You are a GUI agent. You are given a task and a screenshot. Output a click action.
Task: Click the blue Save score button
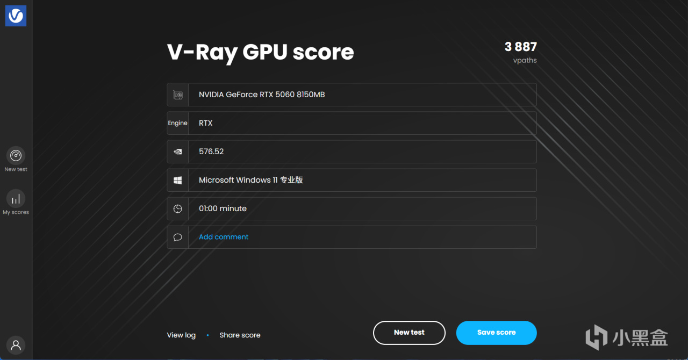click(x=496, y=333)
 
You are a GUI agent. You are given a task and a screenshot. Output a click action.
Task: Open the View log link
click(x=181, y=335)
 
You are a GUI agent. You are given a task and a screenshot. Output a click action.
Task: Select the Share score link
click(x=240, y=335)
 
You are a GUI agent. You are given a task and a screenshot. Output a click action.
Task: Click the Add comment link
click(x=224, y=237)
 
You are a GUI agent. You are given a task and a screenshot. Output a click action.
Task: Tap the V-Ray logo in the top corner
click(x=16, y=16)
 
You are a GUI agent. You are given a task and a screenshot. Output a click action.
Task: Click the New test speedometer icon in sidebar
click(x=16, y=155)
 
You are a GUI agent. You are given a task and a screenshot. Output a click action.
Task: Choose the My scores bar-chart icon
click(x=16, y=199)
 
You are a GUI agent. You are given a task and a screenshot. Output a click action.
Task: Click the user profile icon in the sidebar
click(x=16, y=345)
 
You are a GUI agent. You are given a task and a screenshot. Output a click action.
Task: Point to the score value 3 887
click(x=521, y=47)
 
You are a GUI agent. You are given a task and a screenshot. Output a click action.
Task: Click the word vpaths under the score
click(x=525, y=60)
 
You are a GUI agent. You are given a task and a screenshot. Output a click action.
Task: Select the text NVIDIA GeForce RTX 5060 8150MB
click(x=262, y=95)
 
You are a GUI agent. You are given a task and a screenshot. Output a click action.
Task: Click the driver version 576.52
click(x=211, y=152)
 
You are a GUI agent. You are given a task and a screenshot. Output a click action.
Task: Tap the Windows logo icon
click(x=177, y=181)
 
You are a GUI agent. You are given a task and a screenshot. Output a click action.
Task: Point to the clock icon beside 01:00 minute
click(x=177, y=209)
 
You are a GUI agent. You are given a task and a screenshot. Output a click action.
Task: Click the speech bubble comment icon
click(x=177, y=237)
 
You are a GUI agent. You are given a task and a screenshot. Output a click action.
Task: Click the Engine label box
click(x=177, y=123)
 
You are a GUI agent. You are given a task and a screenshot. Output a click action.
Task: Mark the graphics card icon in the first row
click(x=178, y=95)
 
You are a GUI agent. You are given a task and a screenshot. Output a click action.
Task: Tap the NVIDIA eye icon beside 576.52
click(x=178, y=152)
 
